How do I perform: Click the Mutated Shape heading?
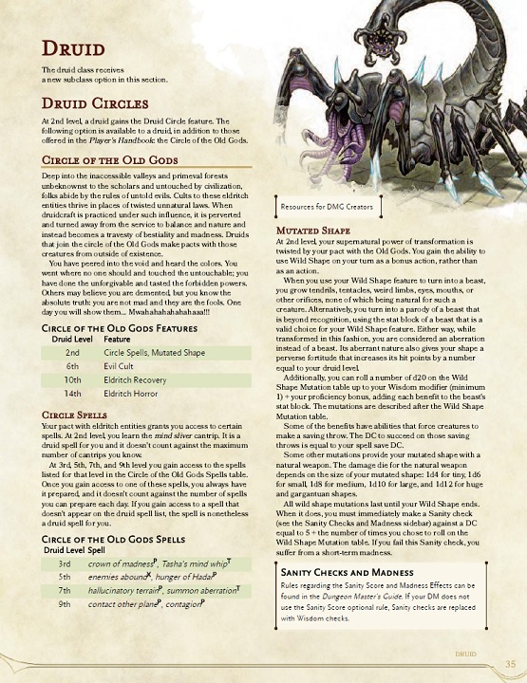click(314, 230)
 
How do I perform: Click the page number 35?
click(511, 663)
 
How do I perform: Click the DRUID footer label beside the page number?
click(465, 655)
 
